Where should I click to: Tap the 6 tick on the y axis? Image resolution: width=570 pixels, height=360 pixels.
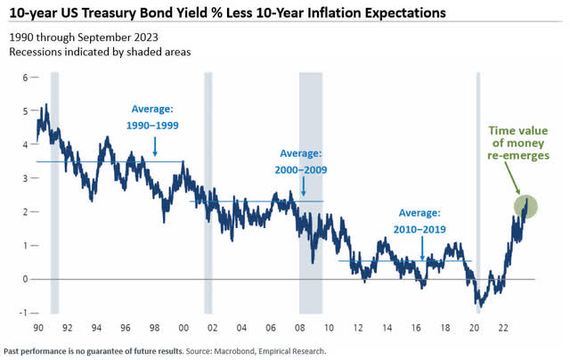pyautogui.click(x=26, y=78)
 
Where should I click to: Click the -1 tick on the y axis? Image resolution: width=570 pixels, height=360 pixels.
pyautogui.click(x=24, y=313)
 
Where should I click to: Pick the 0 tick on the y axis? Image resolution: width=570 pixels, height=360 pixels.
pyautogui.click(x=26, y=279)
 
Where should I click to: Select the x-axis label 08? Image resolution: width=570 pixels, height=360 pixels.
pyautogui.click(x=301, y=328)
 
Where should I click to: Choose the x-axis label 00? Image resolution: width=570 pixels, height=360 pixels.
pyautogui.click(x=183, y=328)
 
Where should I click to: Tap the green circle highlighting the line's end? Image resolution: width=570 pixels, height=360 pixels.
pyautogui.click(x=525, y=207)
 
